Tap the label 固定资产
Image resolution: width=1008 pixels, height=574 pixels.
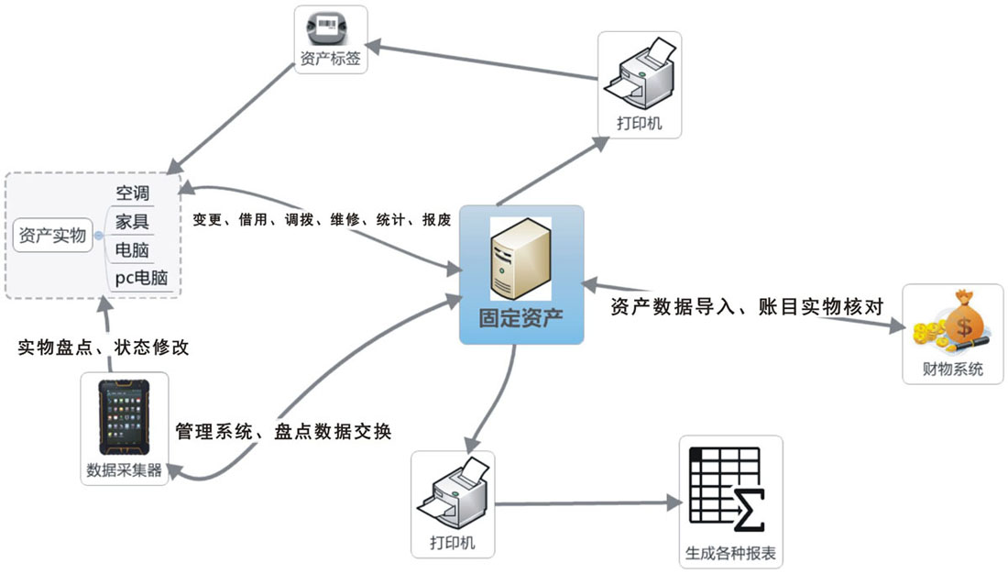[x=520, y=318]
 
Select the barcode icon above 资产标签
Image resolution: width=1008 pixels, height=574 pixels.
[x=331, y=28]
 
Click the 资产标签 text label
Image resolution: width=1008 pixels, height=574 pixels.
[x=331, y=59]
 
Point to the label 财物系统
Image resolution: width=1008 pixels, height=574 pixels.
[x=953, y=370]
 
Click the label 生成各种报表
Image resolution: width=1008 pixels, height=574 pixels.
[x=730, y=553]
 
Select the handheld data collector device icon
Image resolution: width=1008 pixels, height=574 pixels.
[x=125, y=417]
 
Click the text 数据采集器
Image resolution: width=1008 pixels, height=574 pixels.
[x=125, y=470]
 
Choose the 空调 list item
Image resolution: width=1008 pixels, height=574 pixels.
[x=132, y=193]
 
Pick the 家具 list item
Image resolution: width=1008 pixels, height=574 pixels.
[x=132, y=221]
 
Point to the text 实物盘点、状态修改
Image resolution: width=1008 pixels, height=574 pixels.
[x=104, y=348]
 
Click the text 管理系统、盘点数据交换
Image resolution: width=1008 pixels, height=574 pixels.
[x=283, y=431]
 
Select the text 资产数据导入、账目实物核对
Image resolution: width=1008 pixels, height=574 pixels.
[x=746, y=307]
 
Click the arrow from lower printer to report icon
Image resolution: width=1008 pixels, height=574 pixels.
[x=586, y=502]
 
